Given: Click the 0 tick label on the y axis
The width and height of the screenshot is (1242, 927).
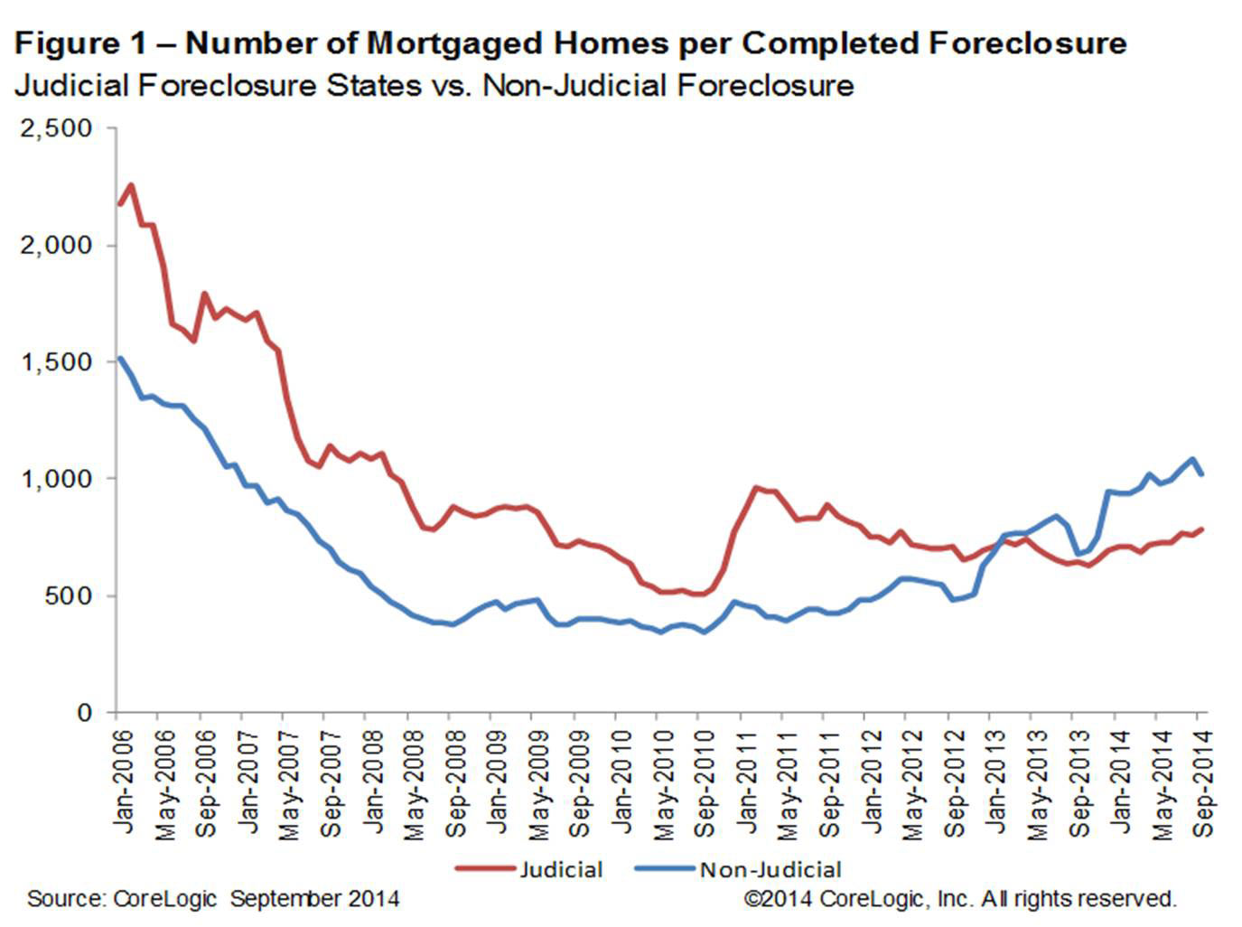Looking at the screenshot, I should [84, 712].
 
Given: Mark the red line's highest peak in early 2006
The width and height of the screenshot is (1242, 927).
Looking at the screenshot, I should [131, 185].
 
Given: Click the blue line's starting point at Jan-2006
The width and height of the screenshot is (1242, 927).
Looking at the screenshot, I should [119, 359].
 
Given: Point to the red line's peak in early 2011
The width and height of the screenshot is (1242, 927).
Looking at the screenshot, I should [755, 488].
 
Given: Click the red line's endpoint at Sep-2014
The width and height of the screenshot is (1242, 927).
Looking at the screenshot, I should [1202, 529].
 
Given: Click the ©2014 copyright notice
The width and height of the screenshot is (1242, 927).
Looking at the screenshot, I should [959, 899].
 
